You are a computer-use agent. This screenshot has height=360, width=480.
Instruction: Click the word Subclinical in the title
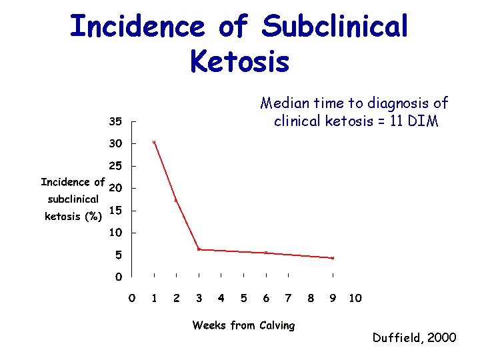[x=334, y=27]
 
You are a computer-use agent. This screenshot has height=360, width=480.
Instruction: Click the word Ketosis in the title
[x=239, y=61]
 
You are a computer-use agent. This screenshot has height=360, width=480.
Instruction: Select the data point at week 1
[x=154, y=142]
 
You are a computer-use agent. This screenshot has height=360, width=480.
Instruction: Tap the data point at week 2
[x=176, y=200]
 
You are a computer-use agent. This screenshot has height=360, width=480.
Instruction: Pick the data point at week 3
[x=199, y=249]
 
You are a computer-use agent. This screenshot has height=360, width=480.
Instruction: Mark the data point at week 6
[x=265, y=253]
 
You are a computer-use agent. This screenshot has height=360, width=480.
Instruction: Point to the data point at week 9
[x=333, y=258]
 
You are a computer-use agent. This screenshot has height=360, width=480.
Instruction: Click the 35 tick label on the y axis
[x=115, y=121]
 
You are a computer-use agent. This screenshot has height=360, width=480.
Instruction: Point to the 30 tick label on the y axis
[x=115, y=143]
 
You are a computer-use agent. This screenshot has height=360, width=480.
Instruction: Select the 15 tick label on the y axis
[x=115, y=211]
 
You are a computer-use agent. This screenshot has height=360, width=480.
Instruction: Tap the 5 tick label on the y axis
[x=118, y=255]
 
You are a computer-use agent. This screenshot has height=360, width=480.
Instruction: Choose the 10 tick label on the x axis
[x=355, y=298]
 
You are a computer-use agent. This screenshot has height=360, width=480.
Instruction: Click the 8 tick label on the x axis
[x=311, y=298]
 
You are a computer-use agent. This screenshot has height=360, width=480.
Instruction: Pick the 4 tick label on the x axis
[x=221, y=298]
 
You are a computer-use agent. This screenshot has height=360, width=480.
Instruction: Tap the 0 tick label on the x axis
[x=132, y=298]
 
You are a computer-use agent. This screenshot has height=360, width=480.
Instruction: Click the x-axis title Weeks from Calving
[x=243, y=325]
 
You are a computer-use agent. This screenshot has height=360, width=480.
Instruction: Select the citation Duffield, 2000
[x=415, y=338]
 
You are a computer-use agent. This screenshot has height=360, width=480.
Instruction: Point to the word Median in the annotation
[x=283, y=103]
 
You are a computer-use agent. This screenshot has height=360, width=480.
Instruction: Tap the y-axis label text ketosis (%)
[x=73, y=216]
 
